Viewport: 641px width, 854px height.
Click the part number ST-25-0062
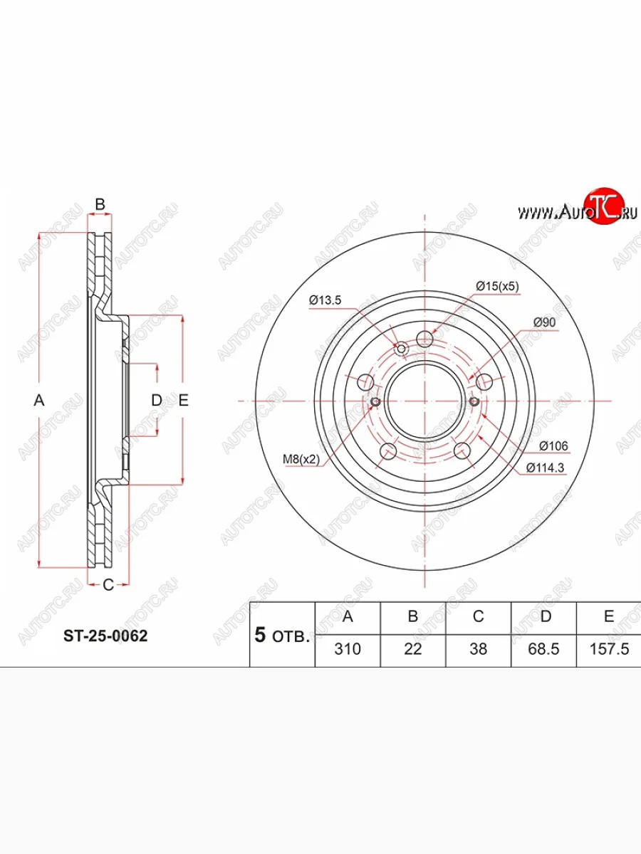click(105, 636)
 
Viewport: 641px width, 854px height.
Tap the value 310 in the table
click(348, 649)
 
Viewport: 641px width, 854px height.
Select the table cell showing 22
click(413, 649)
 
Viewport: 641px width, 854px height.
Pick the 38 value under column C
click(479, 649)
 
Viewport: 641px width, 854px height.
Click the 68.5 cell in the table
click(543, 649)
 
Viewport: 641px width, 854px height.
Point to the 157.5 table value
click(610, 649)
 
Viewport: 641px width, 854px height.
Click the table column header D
click(546, 616)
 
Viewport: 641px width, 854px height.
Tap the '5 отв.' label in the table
click(282, 636)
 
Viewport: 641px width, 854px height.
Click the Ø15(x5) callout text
click(497, 286)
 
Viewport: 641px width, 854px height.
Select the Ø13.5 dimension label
click(325, 300)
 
